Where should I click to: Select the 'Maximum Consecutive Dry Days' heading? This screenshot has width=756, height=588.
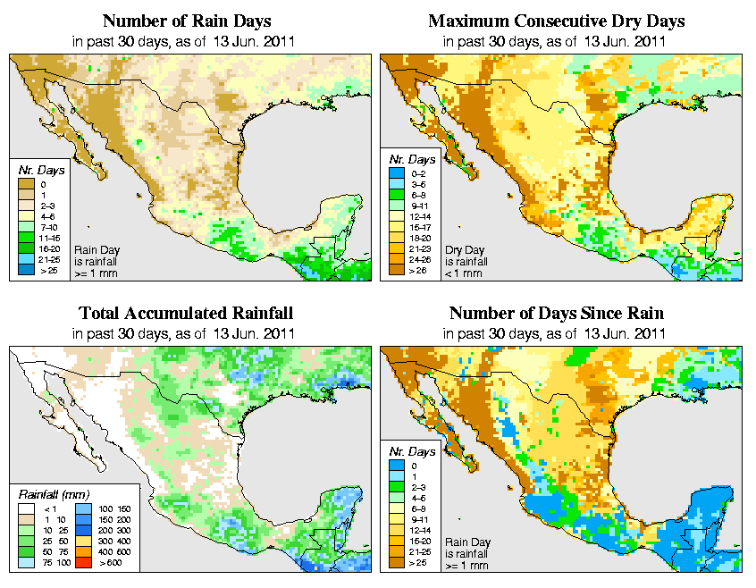pyautogui.click(x=556, y=21)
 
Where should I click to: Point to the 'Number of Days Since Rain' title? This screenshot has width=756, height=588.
pyautogui.click(x=556, y=314)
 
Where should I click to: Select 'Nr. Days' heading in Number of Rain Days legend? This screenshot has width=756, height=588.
pyautogui.click(x=36, y=169)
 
